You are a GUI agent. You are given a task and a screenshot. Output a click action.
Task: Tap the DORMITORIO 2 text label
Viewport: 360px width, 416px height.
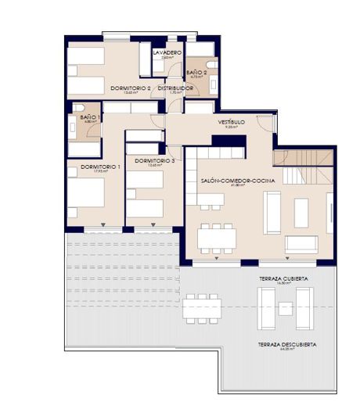tap(131, 88)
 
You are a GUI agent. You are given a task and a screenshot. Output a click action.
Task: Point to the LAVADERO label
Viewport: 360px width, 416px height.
tap(167, 52)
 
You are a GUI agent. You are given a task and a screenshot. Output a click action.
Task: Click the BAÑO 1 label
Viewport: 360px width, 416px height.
tap(89, 117)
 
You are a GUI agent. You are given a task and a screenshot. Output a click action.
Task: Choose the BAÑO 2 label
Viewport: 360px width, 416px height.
tap(196, 73)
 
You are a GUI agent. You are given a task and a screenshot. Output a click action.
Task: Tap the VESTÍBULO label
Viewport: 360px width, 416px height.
tap(231, 123)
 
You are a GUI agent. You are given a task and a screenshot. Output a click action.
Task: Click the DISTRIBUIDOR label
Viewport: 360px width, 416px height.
tap(175, 88)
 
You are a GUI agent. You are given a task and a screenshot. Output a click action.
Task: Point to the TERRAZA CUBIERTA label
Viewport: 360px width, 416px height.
tap(283, 279)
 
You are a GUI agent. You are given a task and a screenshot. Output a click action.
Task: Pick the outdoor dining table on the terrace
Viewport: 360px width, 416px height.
tap(202, 308)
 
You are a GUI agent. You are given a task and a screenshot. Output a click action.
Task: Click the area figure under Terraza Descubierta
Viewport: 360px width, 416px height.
tap(282, 350)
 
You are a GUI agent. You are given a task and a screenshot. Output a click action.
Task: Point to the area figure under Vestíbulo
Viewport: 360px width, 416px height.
tap(231, 128)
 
